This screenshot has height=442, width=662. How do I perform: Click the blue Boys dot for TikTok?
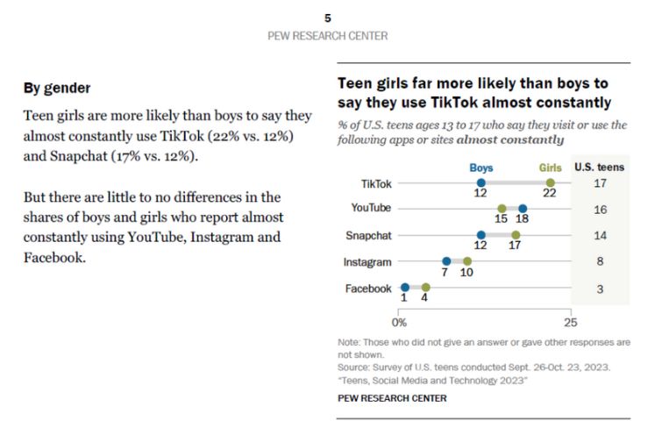point(480,182)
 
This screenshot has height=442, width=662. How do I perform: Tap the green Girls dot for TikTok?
point(550,182)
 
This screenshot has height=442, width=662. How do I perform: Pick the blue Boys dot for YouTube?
point(522,209)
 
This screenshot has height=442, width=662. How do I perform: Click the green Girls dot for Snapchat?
point(516,235)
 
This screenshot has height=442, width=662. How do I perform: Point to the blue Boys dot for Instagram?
point(446,261)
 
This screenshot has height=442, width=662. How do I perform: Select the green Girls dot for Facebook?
point(425,287)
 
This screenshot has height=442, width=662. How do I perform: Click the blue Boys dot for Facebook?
point(404,287)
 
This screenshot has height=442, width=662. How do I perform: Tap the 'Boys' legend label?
point(480,167)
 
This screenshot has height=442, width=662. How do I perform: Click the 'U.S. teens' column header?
point(600,167)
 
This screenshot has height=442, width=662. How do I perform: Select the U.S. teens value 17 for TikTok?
point(600,183)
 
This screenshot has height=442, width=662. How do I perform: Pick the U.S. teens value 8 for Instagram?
point(600,261)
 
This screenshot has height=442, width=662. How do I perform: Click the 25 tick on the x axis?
point(571,322)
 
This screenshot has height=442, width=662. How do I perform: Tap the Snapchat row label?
point(369,235)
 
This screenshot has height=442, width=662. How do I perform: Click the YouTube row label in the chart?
point(370,209)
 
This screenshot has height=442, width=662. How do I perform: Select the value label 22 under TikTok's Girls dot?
point(550,196)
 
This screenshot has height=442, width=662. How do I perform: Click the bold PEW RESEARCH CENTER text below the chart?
point(391,398)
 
